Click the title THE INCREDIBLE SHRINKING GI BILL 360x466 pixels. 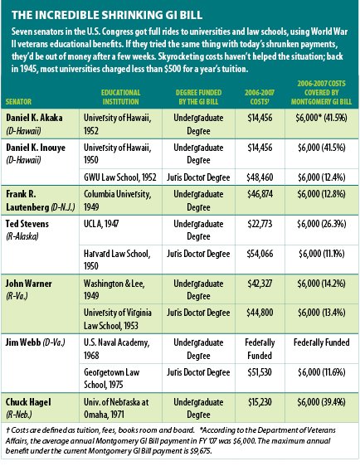tap(107, 15)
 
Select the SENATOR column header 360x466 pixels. tap(18, 102)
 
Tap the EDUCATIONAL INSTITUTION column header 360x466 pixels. tap(121, 97)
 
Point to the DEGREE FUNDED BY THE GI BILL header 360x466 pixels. tap(198, 97)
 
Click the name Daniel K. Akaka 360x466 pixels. tap(34, 118)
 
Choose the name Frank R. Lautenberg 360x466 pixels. tap(41, 201)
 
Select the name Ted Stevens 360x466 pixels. tap(27, 224)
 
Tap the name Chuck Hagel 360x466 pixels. tap(28, 402)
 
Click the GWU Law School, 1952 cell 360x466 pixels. tap(120, 177)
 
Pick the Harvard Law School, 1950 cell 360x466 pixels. tap(117, 260)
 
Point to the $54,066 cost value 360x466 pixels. tap(260, 254)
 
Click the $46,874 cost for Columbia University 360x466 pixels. tap(260, 194)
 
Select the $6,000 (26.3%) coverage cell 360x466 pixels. tap(322, 224)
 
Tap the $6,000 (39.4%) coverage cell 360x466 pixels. tap(322, 402)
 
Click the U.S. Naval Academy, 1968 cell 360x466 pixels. tap(116, 349)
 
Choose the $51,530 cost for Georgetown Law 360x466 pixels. tap(260, 372)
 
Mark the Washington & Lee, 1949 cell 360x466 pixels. tap(114, 289)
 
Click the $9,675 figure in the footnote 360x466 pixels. tap(201, 451)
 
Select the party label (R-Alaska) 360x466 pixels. tap(22, 236)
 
